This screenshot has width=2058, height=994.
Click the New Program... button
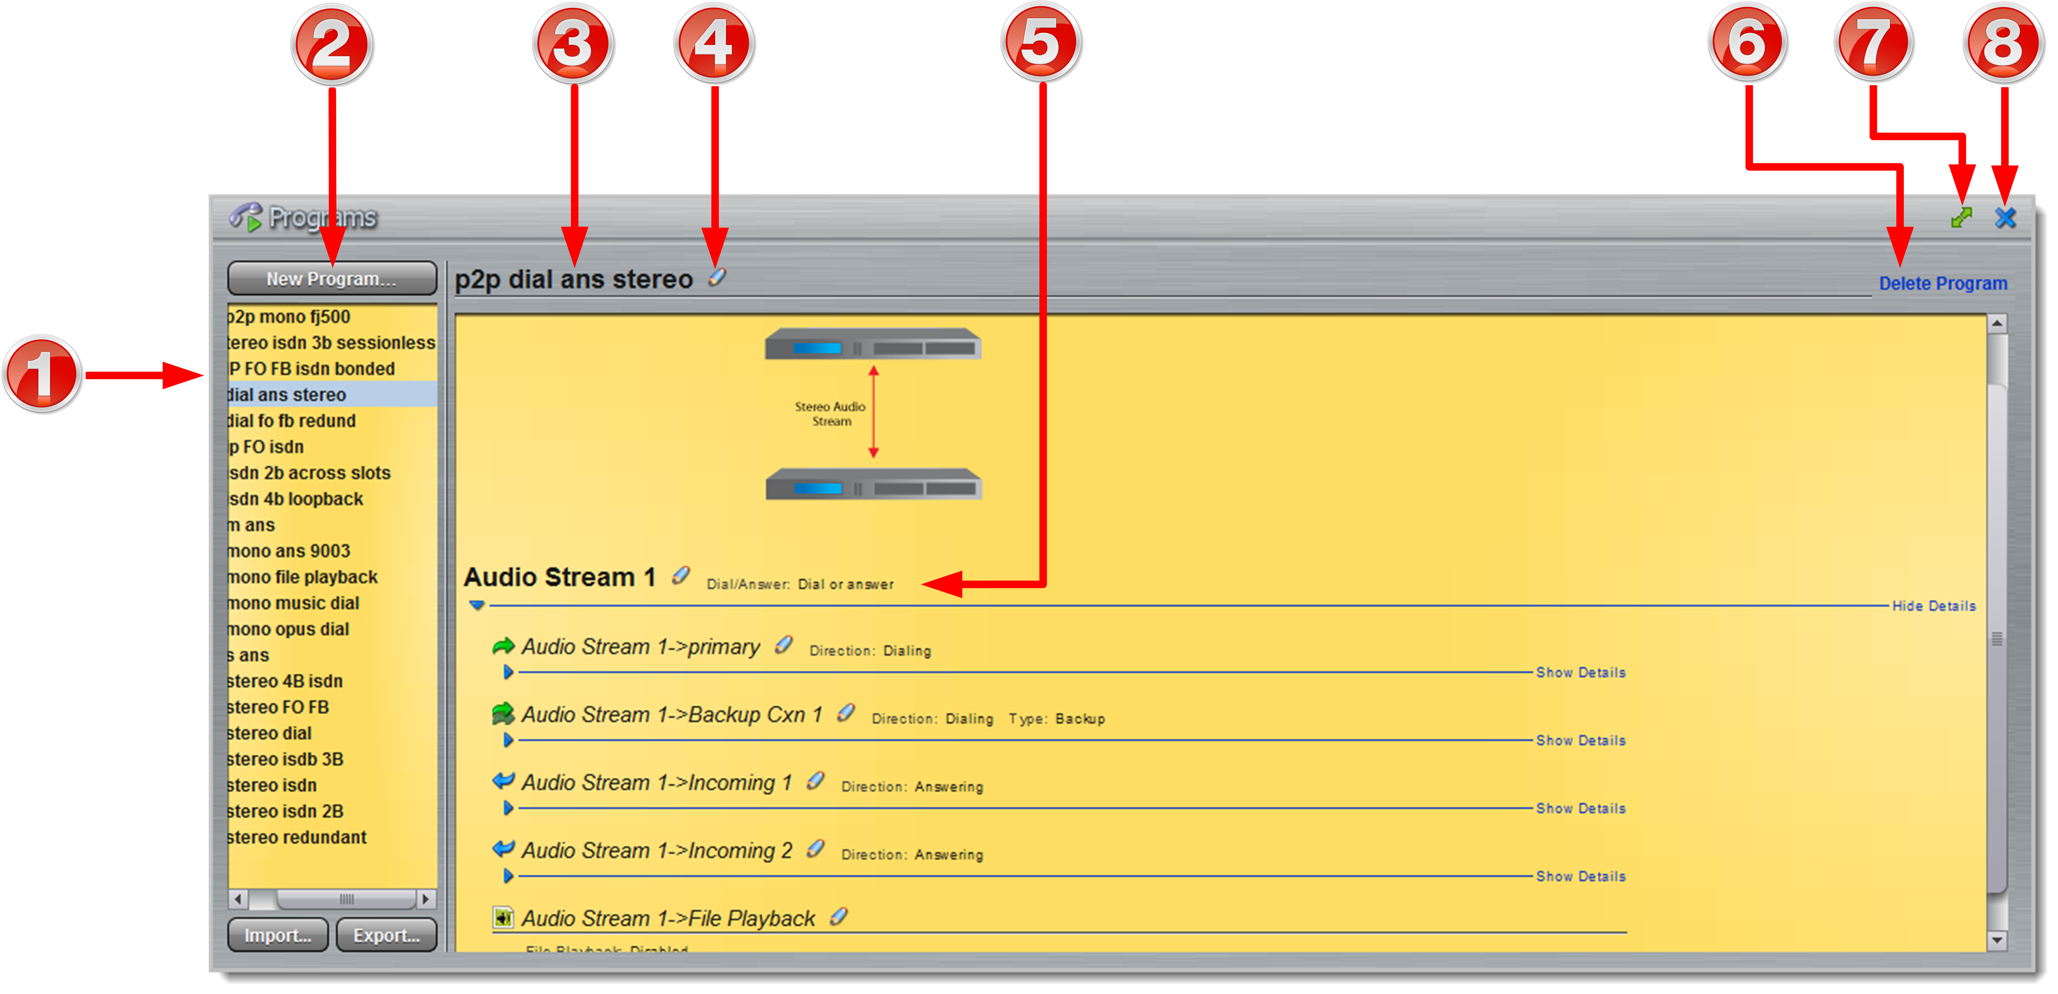[x=332, y=279]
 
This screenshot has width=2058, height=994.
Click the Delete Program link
[x=1942, y=283]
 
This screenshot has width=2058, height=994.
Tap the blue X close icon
[x=2005, y=218]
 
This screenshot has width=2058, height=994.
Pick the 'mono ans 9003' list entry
[x=289, y=551]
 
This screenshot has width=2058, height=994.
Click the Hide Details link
[x=1933, y=606]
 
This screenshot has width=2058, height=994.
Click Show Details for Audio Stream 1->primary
[x=1580, y=672]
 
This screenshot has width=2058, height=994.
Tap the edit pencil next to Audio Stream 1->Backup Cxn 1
[x=845, y=713]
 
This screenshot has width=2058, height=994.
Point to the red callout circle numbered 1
[x=41, y=374]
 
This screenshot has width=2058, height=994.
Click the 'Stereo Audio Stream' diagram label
[x=830, y=414]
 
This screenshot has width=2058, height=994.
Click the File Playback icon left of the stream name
[x=503, y=918]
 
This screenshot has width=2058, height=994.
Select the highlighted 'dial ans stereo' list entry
[x=288, y=394]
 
